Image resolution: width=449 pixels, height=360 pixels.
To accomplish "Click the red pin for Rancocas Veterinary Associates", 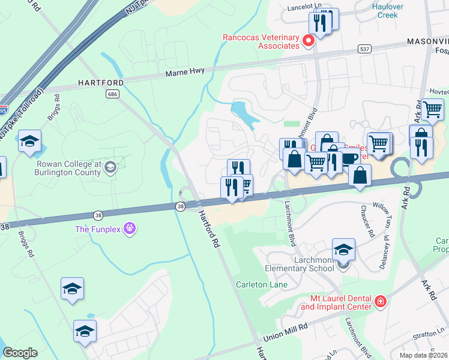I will tap(309, 41).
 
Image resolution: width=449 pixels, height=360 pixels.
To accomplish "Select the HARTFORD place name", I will tap(101, 82).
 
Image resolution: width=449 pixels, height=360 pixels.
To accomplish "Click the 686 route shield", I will tap(113, 94).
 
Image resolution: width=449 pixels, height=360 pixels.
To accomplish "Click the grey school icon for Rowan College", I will tap(109, 167).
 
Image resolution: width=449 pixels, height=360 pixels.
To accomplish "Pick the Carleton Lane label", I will tap(261, 284).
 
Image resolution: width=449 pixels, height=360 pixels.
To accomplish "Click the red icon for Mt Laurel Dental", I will tap(380, 301).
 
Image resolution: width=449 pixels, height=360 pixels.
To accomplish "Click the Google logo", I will tap(20, 353).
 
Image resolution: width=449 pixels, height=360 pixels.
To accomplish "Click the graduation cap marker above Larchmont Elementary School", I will tap(343, 248).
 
